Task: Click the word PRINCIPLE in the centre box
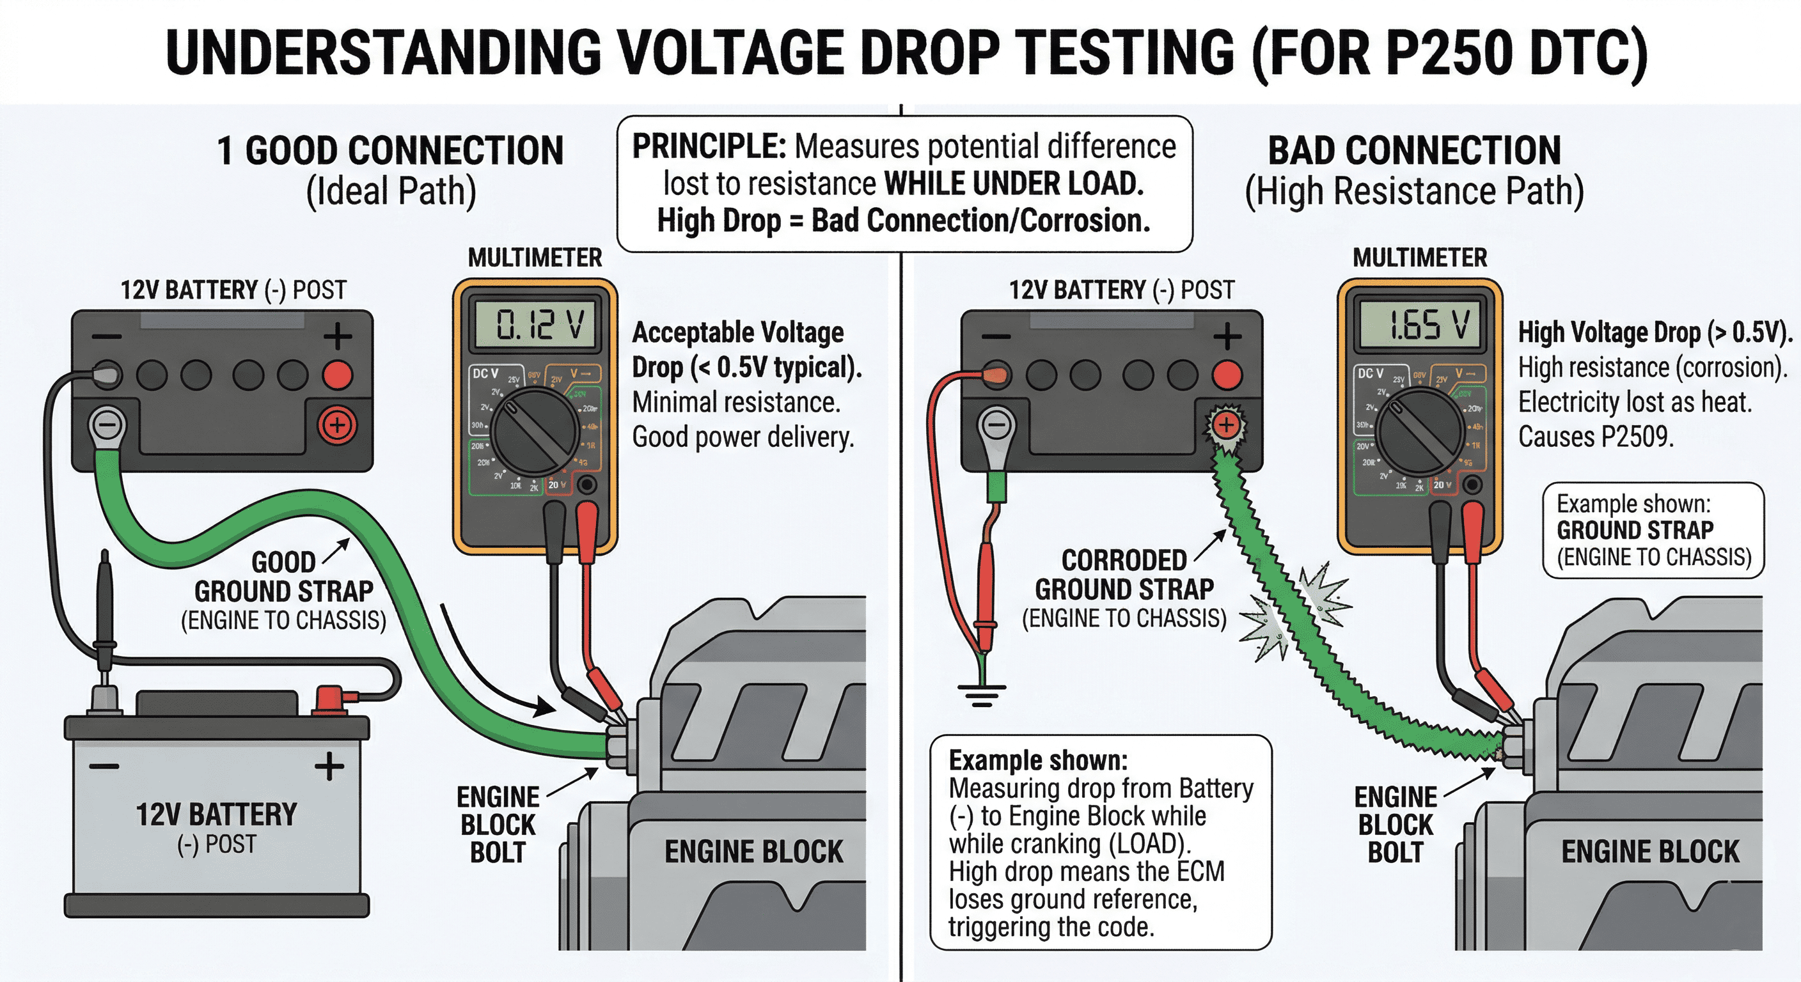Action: point(709,148)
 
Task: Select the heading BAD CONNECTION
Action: point(1414,150)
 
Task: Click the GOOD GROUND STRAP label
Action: point(284,591)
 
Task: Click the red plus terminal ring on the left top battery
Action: point(337,425)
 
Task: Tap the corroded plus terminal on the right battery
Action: point(1225,425)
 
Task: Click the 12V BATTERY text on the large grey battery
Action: point(216,815)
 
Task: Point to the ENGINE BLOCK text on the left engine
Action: point(753,852)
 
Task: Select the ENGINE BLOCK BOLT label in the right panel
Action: point(1396,825)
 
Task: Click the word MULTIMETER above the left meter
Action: point(535,258)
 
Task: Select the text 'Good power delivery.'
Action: point(743,437)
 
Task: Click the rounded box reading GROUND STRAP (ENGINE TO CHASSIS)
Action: point(1653,531)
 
